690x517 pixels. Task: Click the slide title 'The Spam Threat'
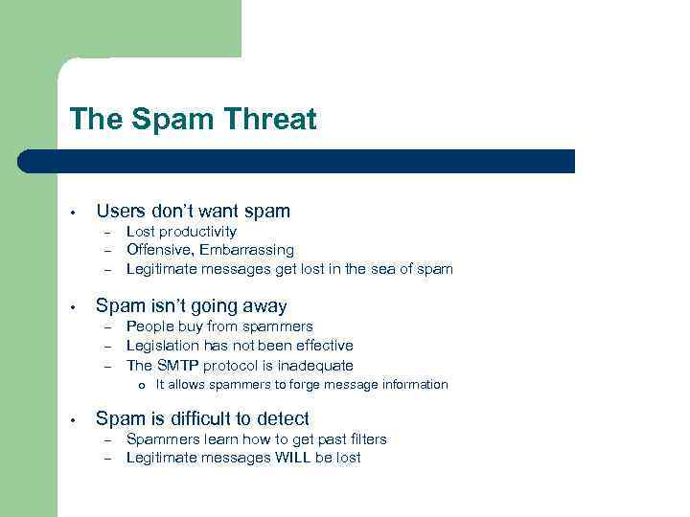click(x=193, y=120)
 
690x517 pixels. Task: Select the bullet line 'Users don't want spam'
click(x=193, y=211)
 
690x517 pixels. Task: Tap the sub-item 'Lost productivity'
click(x=181, y=232)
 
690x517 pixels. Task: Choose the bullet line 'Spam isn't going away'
click(x=192, y=306)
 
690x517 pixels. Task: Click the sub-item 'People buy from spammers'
click(x=219, y=326)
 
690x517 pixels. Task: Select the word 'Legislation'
click(x=163, y=346)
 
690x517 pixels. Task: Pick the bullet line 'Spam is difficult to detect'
click(x=202, y=418)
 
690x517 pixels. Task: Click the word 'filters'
click(x=364, y=439)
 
